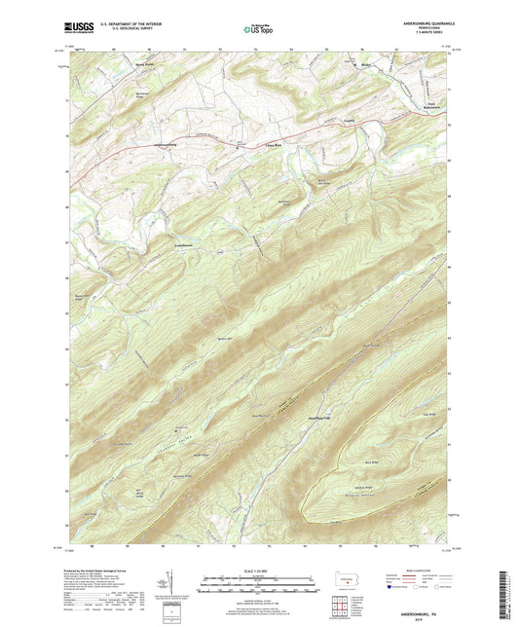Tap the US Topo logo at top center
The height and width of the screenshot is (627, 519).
[259, 30]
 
